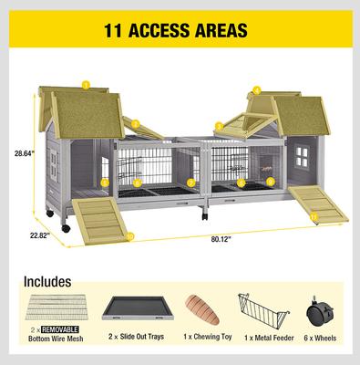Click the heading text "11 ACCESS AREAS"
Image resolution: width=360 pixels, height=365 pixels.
point(180,30)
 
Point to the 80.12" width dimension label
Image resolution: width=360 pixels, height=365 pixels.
point(219,240)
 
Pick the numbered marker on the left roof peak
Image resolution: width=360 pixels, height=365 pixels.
point(85,85)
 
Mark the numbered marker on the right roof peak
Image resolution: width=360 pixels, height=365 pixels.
point(257,89)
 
